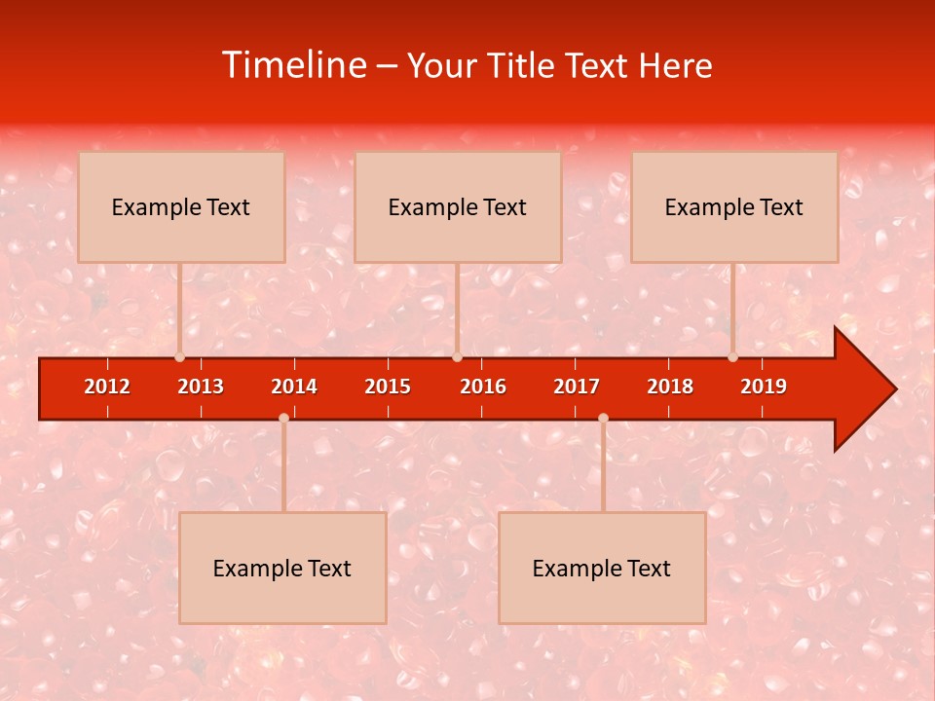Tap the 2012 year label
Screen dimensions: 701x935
point(107,387)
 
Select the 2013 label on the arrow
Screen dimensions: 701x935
point(201,387)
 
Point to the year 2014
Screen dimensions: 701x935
point(294,387)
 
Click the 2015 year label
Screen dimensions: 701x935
point(388,387)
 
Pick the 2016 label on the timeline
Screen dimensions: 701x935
point(483,387)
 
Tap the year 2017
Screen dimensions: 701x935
point(577,387)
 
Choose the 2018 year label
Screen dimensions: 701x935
point(670,387)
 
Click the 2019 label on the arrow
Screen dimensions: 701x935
point(764,387)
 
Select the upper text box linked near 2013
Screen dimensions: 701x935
point(181,206)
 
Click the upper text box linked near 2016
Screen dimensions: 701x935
point(458,206)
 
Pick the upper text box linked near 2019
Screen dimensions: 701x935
point(734,206)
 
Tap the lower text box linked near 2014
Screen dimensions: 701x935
point(282,568)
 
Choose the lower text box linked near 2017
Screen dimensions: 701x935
point(602,568)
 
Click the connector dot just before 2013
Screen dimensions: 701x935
point(180,357)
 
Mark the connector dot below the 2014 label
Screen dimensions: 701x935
point(283,419)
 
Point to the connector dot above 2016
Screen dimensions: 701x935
point(457,357)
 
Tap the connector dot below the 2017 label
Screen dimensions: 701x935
point(603,419)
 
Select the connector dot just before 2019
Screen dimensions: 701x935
point(732,357)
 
